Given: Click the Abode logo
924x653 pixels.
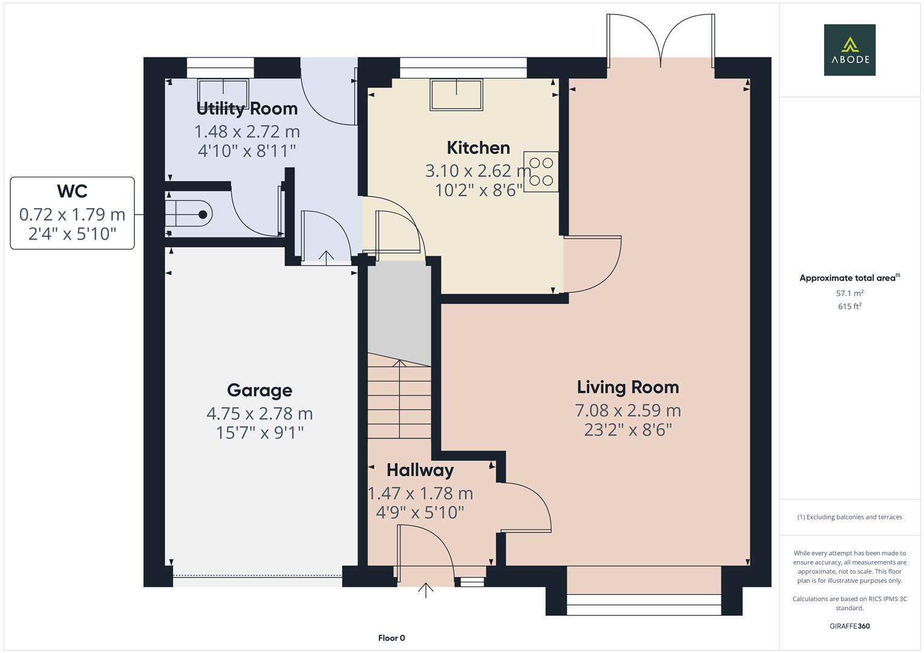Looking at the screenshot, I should (849, 50).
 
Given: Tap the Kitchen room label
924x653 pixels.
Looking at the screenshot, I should (478, 148).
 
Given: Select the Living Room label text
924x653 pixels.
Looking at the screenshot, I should (627, 387).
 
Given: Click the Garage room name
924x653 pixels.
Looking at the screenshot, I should (259, 390).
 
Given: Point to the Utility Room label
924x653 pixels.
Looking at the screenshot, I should (247, 109).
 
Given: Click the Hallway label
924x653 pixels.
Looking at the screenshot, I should (420, 470).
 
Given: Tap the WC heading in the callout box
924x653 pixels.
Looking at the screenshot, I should (72, 191).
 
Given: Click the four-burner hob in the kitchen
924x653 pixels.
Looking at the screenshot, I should (540, 172).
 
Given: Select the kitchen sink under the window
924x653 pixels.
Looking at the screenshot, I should (456, 94).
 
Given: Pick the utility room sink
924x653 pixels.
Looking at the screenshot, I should (223, 92).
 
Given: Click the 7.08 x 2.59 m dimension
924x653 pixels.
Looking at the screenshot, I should (627, 411).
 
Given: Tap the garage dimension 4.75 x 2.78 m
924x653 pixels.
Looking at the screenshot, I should (259, 414).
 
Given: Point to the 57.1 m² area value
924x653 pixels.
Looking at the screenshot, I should (849, 293).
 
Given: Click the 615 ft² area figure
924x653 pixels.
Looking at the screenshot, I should (849, 307).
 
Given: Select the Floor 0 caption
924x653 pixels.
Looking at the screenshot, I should (391, 638).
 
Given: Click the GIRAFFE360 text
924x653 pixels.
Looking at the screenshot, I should (849, 626).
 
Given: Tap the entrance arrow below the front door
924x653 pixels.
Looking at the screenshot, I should (426, 590).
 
